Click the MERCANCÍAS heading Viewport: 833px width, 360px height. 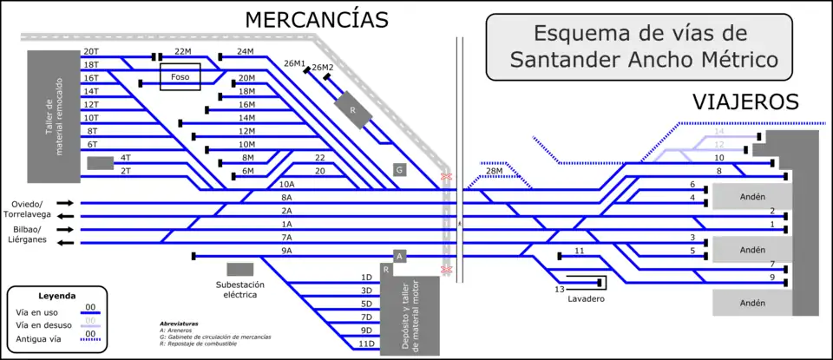point(316,19)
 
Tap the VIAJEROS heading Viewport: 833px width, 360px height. point(745,101)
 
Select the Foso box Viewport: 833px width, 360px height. point(180,77)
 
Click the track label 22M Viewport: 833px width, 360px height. point(182,51)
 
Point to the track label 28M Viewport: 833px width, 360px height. point(495,172)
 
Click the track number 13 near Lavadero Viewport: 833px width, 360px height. point(560,288)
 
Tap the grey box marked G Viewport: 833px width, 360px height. point(399,169)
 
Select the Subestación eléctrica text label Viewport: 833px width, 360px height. point(240,290)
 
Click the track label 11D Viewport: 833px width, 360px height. point(366,344)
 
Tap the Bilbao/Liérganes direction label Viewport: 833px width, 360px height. point(27,235)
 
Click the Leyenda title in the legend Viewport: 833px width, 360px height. point(57,296)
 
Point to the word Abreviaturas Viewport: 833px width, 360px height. point(180,324)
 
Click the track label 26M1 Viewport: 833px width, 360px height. point(295,63)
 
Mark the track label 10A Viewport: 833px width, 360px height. point(286,184)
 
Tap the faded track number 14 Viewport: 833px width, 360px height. point(718,131)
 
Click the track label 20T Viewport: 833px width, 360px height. point(90,51)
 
